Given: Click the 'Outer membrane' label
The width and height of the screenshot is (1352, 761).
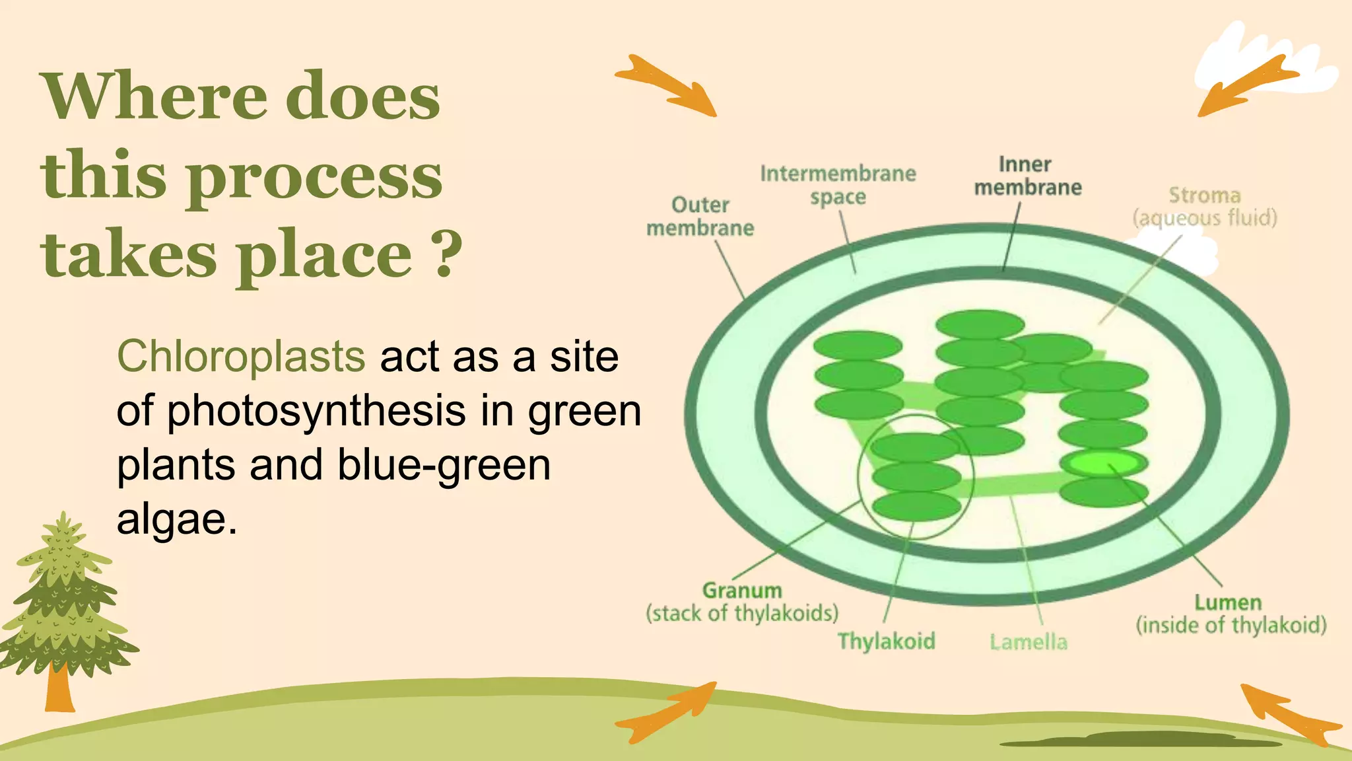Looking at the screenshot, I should click(x=700, y=217).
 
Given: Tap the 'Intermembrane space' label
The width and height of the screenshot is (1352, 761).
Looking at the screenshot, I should click(x=838, y=185).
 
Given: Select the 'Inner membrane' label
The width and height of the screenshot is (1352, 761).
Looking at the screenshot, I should click(x=1027, y=176).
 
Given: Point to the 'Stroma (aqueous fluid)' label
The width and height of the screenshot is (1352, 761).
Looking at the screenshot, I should click(x=1205, y=206).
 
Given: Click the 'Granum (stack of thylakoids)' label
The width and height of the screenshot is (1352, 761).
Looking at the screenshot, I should click(x=742, y=602).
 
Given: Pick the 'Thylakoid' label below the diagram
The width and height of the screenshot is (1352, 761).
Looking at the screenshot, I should click(x=886, y=641).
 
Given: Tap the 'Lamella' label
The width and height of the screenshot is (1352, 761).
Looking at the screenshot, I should click(x=1028, y=641).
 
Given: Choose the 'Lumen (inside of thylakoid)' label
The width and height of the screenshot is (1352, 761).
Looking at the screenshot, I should click(x=1231, y=614).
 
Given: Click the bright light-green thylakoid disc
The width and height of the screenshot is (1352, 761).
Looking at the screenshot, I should click(x=1103, y=463).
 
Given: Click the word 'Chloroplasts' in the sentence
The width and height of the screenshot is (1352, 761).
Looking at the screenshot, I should click(x=240, y=357).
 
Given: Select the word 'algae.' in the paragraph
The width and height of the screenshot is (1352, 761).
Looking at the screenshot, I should click(x=176, y=519).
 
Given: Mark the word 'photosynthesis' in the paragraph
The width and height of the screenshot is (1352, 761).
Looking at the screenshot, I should click(x=316, y=411).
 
